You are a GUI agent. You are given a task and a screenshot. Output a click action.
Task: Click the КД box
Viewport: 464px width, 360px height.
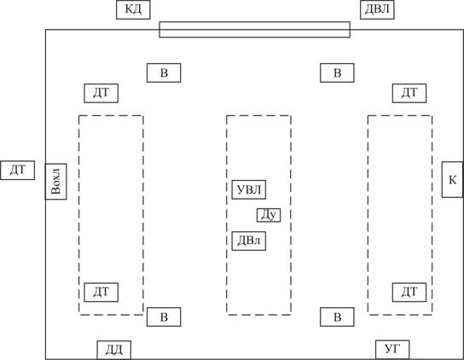click(x=133, y=9)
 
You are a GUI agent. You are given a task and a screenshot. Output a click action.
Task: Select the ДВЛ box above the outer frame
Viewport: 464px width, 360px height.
click(x=377, y=9)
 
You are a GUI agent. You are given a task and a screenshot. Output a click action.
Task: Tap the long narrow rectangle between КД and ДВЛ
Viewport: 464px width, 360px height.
click(x=255, y=30)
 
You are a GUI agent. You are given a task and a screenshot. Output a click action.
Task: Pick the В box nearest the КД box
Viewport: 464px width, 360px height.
click(x=164, y=73)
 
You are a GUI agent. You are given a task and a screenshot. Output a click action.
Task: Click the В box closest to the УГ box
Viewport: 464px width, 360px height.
click(x=337, y=317)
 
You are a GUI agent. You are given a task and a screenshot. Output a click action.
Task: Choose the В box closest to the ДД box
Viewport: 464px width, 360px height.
click(x=164, y=317)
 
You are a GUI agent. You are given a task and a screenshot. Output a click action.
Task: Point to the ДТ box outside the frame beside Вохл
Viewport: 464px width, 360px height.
click(x=17, y=171)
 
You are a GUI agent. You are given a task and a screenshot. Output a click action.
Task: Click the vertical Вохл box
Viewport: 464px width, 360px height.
click(x=55, y=182)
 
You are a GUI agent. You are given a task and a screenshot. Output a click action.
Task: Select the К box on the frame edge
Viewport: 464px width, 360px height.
click(x=452, y=180)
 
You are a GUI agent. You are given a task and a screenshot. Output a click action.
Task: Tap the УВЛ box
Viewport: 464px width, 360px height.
click(x=248, y=189)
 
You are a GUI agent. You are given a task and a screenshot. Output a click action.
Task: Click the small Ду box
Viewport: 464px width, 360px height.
click(x=269, y=215)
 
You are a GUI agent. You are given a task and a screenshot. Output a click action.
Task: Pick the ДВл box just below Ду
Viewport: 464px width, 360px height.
click(x=248, y=241)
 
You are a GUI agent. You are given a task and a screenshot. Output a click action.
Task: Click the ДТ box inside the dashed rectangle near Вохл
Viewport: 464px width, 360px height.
click(x=101, y=293)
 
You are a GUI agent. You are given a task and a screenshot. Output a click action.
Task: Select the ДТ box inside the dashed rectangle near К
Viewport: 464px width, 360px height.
click(x=409, y=293)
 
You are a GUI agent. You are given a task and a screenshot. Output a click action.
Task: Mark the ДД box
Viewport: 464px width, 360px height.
click(x=114, y=351)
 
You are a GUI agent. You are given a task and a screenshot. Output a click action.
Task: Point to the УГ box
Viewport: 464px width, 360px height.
click(x=392, y=350)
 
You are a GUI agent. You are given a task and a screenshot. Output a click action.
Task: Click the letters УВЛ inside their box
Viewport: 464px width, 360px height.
click(x=249, y=189)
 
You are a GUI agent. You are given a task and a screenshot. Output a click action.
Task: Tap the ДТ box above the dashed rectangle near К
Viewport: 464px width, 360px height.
click(x=409, y=93)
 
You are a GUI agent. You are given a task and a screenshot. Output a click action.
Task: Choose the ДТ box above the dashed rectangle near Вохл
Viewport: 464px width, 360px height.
click(x=101, y=93)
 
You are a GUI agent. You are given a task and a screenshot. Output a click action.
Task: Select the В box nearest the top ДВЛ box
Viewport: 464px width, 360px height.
click(x=337, y=73)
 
